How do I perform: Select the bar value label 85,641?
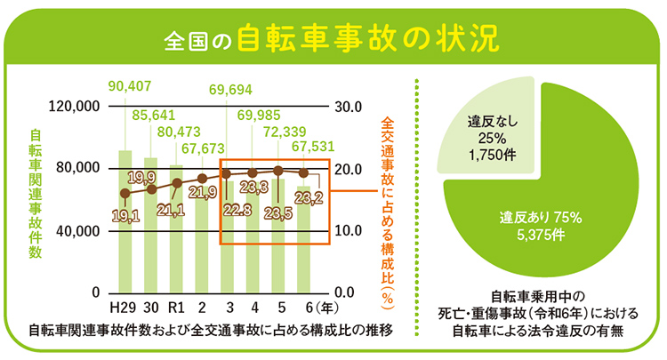tap(153, 116)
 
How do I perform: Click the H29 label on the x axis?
tap(125, 308)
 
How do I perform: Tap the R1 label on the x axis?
tap(176, 308)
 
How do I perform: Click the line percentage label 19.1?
tap(125, 215)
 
